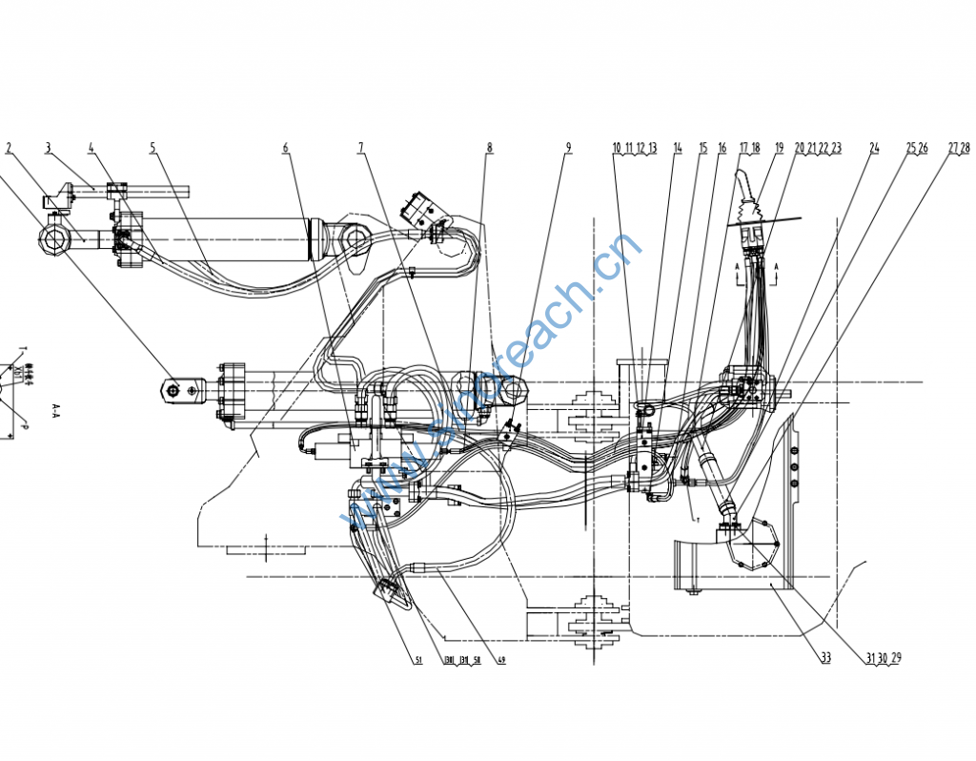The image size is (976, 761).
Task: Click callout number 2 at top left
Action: (9, 148)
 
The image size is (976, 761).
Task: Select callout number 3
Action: (47, 148)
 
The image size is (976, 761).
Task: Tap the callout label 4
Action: (91, 148)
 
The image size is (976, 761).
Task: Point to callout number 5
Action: (152, 148)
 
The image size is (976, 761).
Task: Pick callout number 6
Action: (285, 148)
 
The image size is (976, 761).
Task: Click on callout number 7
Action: (361, 148)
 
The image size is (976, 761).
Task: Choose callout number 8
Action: (489, 148)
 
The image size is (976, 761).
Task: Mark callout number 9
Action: (568, 148)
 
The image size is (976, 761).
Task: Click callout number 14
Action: (678, 148)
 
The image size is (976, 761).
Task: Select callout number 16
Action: (722, 148)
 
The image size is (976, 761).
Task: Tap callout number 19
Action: (779, 148)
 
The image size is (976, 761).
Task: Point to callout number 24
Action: (874, 148)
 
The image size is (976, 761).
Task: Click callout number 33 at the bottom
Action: (825, 656)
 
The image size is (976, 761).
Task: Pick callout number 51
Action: (417, 660)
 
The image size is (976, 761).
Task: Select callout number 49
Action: (501, 660)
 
